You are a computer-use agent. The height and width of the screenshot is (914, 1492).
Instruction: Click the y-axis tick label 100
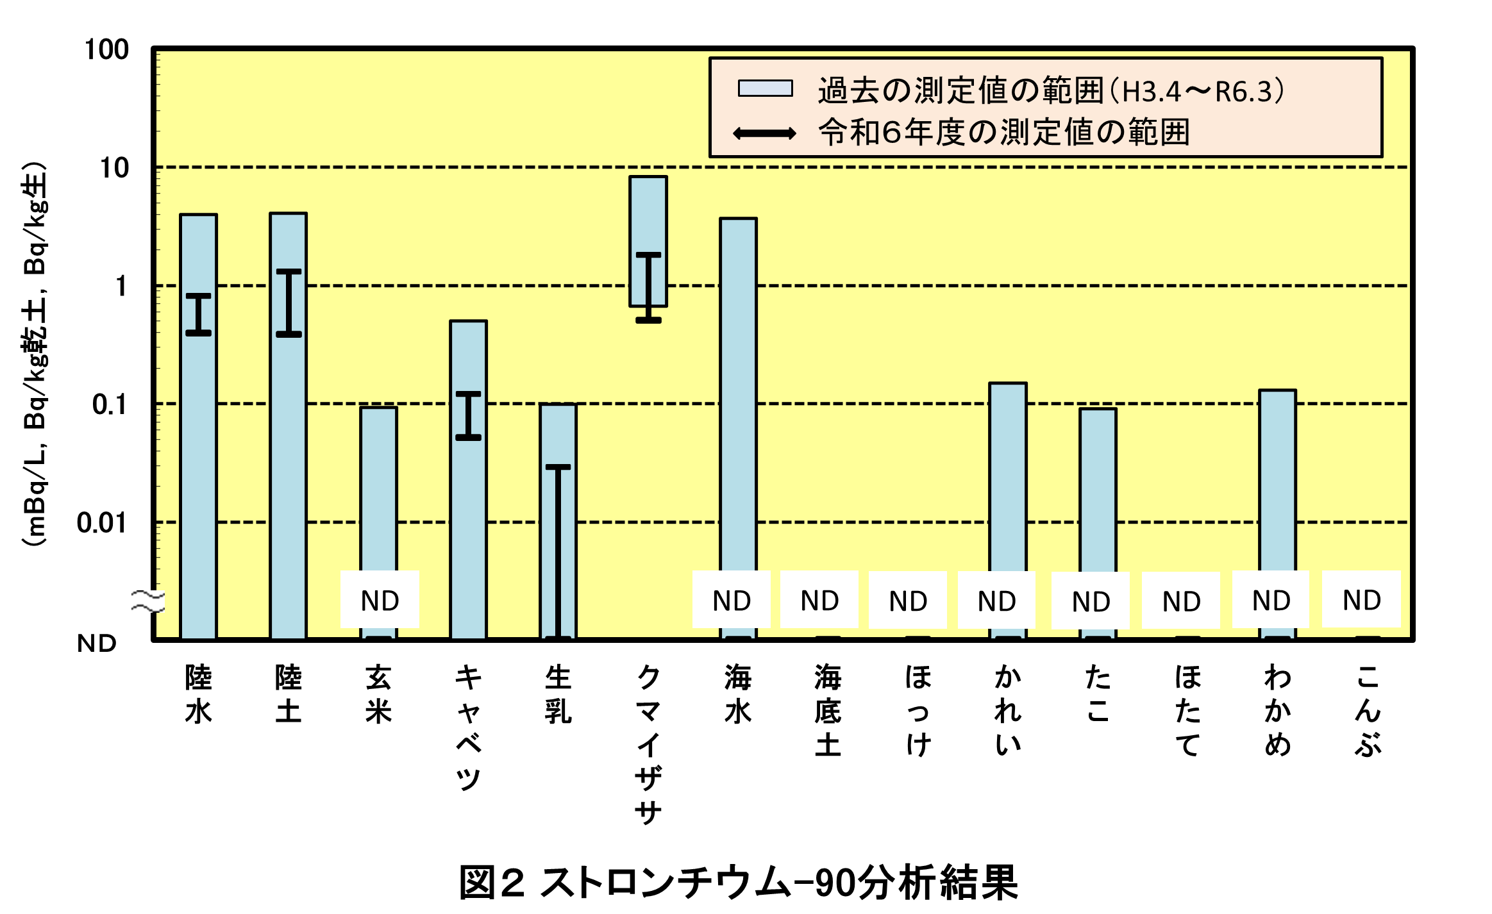point(106,50)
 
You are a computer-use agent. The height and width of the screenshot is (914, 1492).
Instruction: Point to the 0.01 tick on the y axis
point(102,523)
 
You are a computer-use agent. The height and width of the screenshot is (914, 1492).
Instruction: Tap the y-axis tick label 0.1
point(110,404)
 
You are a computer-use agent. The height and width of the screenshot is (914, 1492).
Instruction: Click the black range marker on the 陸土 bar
point(289,303)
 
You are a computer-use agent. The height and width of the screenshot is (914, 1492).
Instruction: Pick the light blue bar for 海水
point(738,391)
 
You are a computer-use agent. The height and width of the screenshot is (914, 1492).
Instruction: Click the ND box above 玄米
point(380,600)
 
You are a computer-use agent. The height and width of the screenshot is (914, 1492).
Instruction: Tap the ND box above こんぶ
point(1361,600)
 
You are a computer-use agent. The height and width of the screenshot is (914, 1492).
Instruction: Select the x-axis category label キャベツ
point(468,727)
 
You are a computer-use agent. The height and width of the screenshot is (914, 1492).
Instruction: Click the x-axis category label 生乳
point(558,695)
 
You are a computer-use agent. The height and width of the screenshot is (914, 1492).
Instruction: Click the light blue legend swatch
point(764,88)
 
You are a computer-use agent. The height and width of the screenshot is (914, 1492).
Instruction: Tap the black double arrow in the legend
point(764,133)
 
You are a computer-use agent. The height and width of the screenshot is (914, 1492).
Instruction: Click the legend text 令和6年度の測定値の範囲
point(1003,133)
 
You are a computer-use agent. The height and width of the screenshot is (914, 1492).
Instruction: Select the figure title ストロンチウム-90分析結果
point(739,883)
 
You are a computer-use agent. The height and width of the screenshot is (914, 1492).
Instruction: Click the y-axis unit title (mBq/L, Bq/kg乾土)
point(35,353)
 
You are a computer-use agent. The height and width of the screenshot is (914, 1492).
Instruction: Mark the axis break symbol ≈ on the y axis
point(147,601)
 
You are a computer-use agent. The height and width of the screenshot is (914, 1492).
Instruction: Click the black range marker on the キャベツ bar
point(468,415)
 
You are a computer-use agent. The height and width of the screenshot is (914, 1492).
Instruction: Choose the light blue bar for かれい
point(1007,474)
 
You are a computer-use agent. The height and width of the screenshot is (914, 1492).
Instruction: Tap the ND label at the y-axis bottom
point(97,643)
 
